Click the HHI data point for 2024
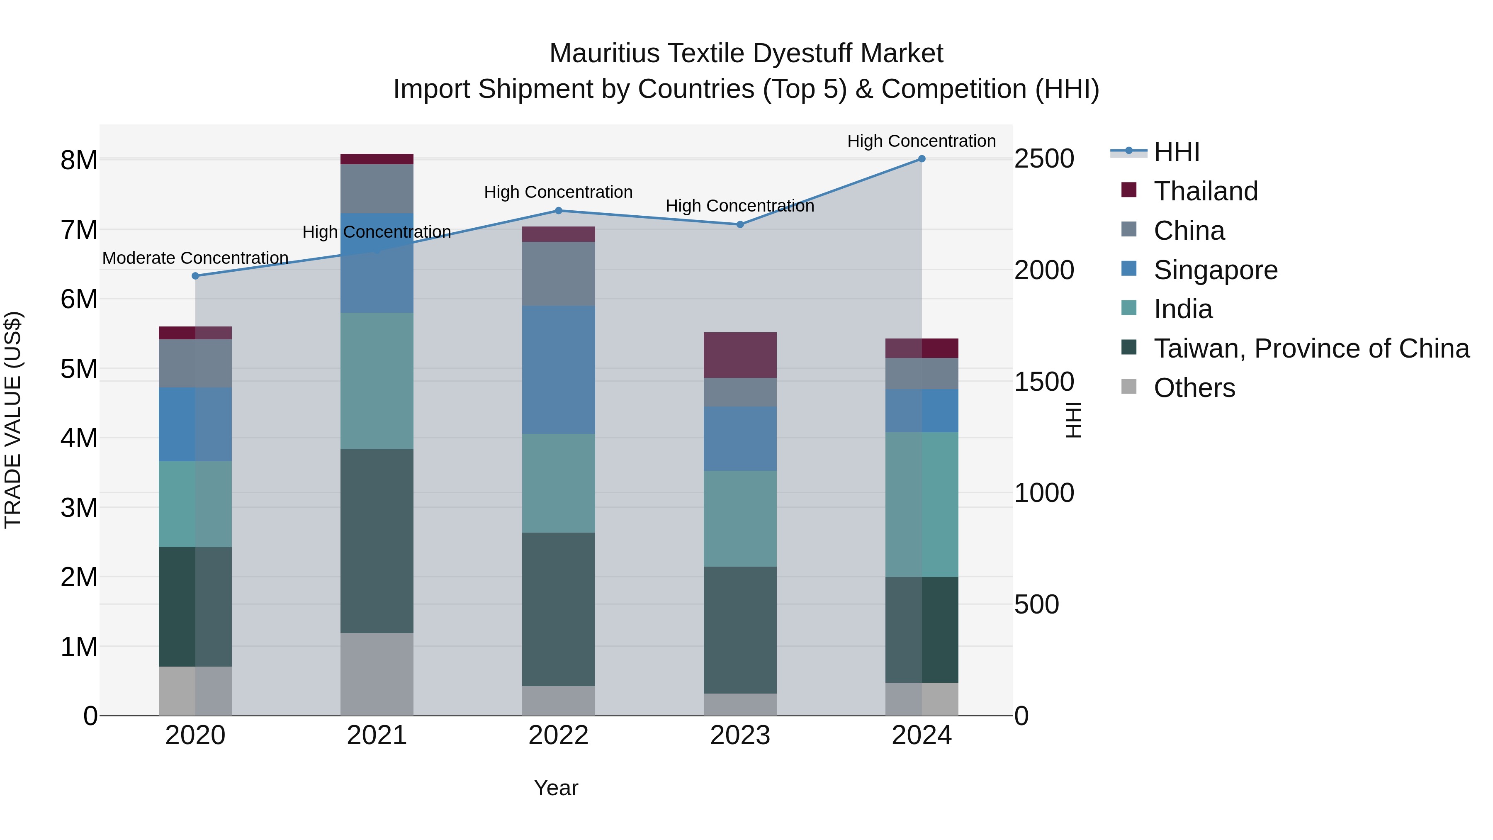[x=922, y=159]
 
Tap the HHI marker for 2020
[x=195, y=276]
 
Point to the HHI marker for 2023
[x=740, y=224]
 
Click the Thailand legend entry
[x=1206, y=191]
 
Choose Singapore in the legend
[x=1216, y=270]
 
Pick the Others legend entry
[x=1194, y=388]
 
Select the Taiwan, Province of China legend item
[x=1311, y=348]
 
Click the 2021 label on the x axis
[x=377, y=735]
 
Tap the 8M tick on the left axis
[x=79, y=160]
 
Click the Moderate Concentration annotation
[x=195, y=258]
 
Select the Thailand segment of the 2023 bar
[x=740, y=355]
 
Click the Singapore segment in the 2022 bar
[x=559, y=370]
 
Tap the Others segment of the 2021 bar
[x=377, y=674]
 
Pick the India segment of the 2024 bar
[x=922, y=504]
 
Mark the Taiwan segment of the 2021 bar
[x=377, y=541]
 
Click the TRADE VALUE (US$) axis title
[x=13, y=420]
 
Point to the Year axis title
[x=556, y=788]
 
